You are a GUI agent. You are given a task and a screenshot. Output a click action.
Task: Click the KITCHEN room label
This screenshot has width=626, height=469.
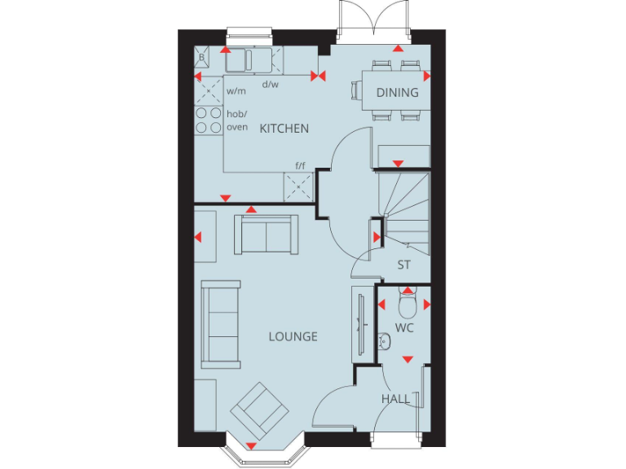click(x=284, y=129)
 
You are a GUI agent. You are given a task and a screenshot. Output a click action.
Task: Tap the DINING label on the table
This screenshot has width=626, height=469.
click(x=397, y=92)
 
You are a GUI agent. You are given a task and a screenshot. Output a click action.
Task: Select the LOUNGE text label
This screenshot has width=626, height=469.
click(x=293, y=336)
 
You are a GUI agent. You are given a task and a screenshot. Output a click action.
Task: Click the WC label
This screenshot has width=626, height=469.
click(x=404, y=327)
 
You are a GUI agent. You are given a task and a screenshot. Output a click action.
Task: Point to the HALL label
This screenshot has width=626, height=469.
click(x=396, y=399)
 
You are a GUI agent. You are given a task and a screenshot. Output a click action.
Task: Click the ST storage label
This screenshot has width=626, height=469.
click(x=403, y=265)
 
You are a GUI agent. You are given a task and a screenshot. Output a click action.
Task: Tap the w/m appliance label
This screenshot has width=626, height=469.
click(x=236, y=91)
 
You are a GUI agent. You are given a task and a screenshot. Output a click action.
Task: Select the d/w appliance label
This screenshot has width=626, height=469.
click(x=269, y=84)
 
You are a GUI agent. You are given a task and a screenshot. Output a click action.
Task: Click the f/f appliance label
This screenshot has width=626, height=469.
click(x=300, y=165)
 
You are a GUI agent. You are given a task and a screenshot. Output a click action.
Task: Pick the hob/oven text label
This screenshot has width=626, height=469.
click(x=236, y=121)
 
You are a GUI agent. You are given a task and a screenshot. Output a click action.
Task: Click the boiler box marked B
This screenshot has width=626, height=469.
click(x=202, y=58)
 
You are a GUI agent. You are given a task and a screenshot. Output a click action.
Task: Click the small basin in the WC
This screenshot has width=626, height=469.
click(x=385, y=340)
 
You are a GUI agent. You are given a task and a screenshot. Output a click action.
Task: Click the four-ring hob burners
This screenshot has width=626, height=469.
click(x=208, y=121)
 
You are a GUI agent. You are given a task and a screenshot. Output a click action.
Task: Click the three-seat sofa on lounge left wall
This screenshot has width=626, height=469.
click(x=221, y=323)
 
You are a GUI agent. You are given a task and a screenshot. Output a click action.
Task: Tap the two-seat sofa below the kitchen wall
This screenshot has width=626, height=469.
click(x=266, y=233)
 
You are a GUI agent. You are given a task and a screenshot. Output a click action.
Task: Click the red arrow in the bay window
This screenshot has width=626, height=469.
click(x=251, y=446)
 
